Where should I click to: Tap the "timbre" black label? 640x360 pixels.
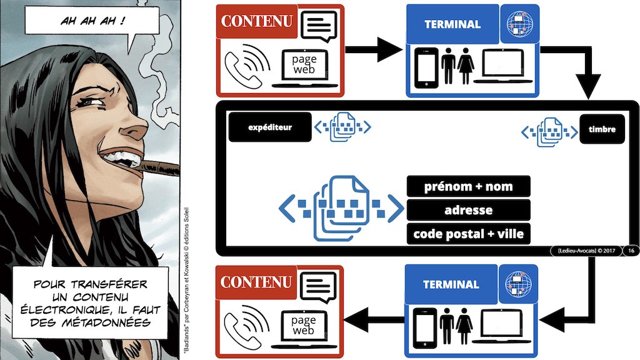tap(602, 129)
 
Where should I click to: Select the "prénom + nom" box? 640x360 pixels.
tap(468, 186)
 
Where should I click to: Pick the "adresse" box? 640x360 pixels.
tap(468, 210)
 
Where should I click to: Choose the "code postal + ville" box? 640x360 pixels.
tap(468, 234)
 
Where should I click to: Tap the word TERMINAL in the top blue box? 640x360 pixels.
tap(452, 25)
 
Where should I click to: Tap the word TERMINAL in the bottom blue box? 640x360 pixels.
tap(451, 284)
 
